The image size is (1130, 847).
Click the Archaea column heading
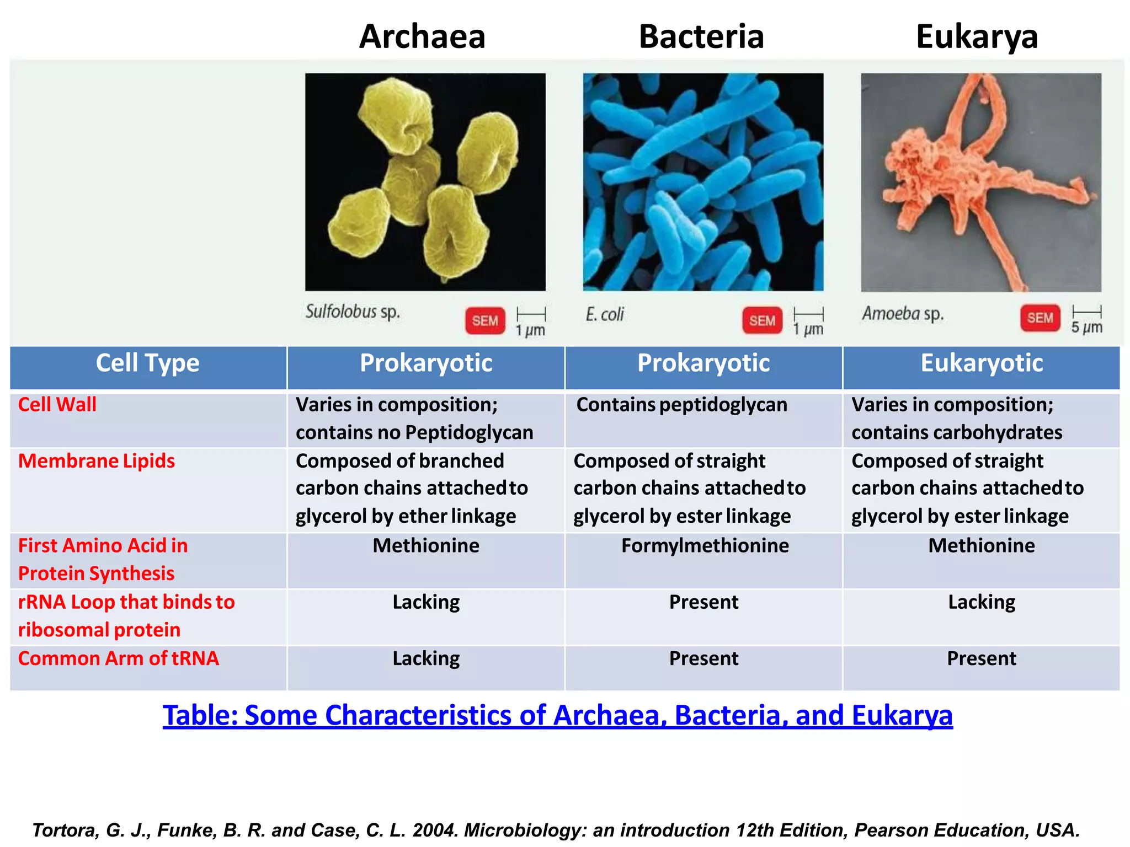(x=422, y=36)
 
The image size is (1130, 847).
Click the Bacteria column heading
(x=701, y=36)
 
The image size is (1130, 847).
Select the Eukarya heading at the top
(x=977, y=36)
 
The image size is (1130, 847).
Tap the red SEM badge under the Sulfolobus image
(x=485, y=320)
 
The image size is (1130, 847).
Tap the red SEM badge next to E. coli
(x=762, y=320)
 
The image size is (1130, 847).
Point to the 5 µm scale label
(x=1086, y=327)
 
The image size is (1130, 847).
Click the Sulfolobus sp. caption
(x=353, y=312)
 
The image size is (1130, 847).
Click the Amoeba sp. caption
(x=903, y=314)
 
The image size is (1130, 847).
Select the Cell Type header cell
(x=148, y=363)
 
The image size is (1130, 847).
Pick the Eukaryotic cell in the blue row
(x=982, y=363)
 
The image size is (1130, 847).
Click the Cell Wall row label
(x=57, y=405)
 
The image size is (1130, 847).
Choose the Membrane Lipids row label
(x=97, y=461)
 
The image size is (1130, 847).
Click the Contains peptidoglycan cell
(x=681, y=405)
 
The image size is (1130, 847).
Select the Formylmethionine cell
(x=705, y=546)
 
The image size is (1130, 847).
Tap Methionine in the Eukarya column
(x=982, y=546)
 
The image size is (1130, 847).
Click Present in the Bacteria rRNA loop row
(x=703, y=602)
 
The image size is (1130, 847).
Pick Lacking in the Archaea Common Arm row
(x=426, y=658)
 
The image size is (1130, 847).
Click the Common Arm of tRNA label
(x=119, y=658)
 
